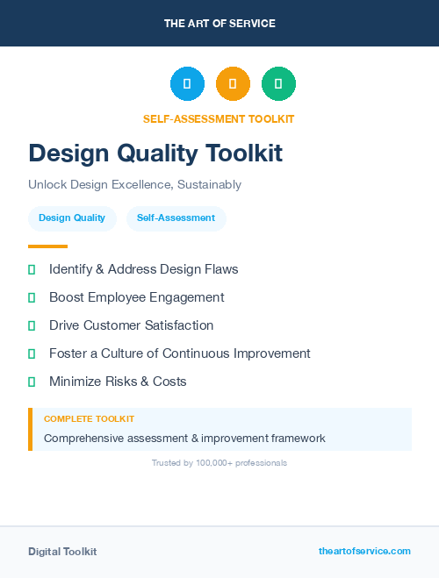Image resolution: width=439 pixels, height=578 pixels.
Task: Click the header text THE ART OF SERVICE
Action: click(219, 24)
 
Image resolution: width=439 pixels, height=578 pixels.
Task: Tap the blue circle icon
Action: click(187, 84)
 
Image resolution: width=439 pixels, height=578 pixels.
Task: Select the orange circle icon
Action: click(233, 84)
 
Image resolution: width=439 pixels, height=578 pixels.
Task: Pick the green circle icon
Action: click(278, 84)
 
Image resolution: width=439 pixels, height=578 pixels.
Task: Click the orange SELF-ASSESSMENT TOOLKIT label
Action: click(219, 119)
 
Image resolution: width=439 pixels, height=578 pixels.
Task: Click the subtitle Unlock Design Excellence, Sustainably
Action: click(134, 185)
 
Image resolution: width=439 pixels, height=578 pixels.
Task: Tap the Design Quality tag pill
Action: click(72, 218)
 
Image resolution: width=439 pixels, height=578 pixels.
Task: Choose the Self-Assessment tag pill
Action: click(176, 218)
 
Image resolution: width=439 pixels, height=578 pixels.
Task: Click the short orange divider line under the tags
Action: click(47, 246)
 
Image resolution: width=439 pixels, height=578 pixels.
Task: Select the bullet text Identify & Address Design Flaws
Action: click(143, 269)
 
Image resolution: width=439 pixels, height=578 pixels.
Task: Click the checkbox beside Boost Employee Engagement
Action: click(32, 298)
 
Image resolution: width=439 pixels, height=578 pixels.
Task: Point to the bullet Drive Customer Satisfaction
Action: click(131, 325)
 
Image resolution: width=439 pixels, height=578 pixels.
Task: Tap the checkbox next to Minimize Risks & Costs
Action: click(32, 382)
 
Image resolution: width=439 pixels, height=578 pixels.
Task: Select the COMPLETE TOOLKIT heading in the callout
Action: click(89, 419)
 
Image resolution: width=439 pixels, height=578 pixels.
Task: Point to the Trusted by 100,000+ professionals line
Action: click(219, 462)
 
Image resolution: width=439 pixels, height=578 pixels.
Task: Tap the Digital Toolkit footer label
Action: click(62, 552)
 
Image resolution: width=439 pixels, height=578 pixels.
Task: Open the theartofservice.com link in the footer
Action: click(364, 551)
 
